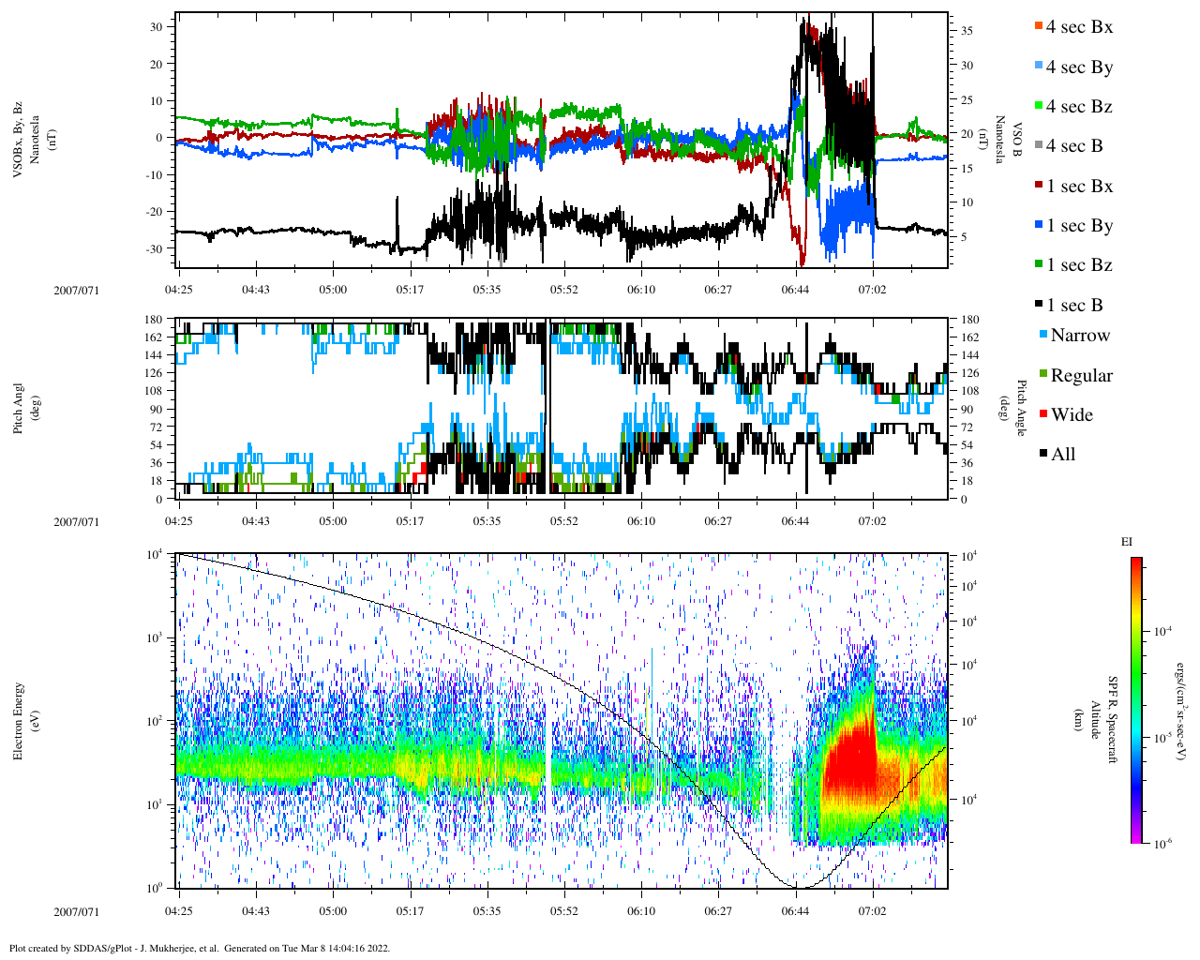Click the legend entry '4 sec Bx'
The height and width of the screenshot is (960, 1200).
pyautogui.click(x=1079, y=27)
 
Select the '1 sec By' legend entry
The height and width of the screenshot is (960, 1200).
pyautogui.click(x=1079, y=226)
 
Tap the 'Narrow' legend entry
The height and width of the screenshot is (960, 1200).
pyautogui.click(x=1079, y=336)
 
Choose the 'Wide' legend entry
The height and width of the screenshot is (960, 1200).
pyautogui.click(x=1072, y=415)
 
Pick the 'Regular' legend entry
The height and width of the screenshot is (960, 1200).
pyautogui.click(x=1081, y=376)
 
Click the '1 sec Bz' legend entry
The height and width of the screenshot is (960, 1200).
pyautogui.click(x=1079, y=265)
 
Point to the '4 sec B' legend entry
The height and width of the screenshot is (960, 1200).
pyautogui.click(x=1074, y=146)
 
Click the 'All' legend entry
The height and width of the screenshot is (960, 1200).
pyautogui.click(x=1062, y=455)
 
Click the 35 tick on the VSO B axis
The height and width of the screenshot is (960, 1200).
pyautogui.click(x=967, y=31)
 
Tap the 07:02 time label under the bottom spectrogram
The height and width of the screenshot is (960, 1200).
pyautogui.click(x=872, y=911)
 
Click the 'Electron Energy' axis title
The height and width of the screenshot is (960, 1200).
pyautogui.click(x=18, y=722)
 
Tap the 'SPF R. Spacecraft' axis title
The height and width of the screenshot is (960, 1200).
pyautogui.click(x=1113, y=720)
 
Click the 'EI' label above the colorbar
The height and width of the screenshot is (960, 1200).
pyautogui.click(x=1127, y=542)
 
